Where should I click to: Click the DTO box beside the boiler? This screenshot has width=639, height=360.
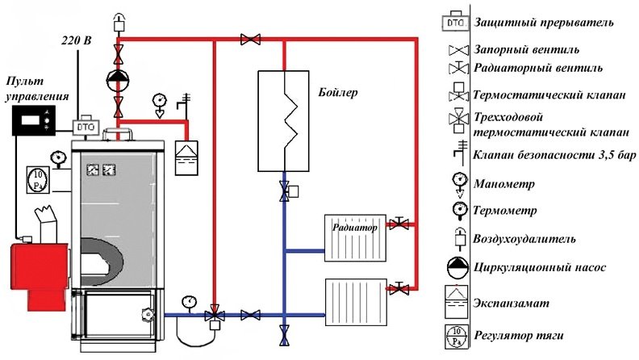tap(84, 128)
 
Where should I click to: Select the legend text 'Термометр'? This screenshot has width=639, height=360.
tap(516, 210)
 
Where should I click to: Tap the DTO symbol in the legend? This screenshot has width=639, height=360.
tap(457, 22)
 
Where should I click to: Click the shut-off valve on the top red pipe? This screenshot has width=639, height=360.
tap(250, 38)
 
